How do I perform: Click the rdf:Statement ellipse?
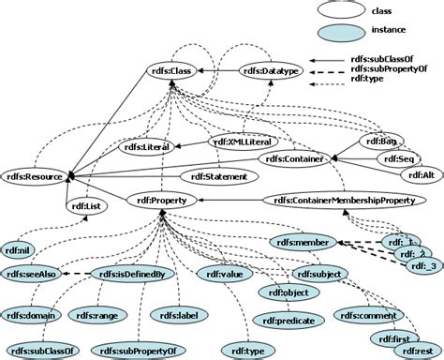pyautogui.click(x=215, y=175)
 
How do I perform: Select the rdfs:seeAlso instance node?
pyautogui.click(x=29, y=274)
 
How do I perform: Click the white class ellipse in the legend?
pyautogui.click(x=348, y=11)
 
